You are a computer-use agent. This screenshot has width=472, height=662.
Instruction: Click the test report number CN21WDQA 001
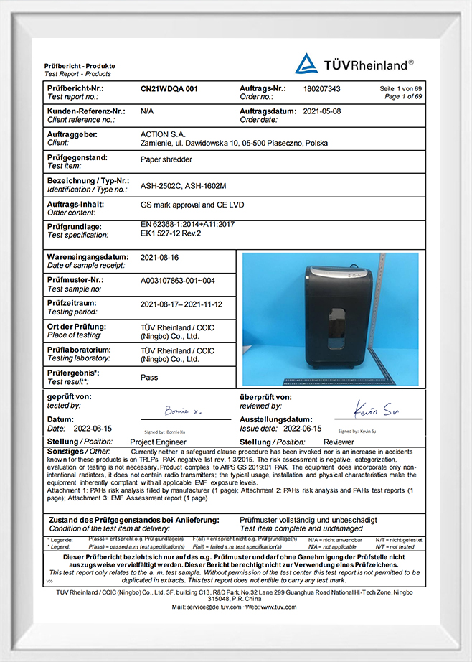pyautogui.click(x=169, y=89)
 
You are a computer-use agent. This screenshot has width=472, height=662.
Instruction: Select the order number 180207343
pyautogui.click(x=322, y=89)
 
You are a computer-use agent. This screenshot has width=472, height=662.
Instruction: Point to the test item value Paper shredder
pyautogui.click(x=167, y=160)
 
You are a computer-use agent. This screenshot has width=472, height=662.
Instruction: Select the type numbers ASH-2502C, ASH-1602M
pyautogui.click(x=183, y=186)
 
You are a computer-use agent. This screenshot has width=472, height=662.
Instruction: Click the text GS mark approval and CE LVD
pyautogui.click(x=192, y=205)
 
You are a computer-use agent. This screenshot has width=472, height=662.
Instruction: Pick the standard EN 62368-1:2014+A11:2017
pyautogui.click(x=187, y=224)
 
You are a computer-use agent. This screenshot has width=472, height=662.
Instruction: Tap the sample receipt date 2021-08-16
pyautogui.click(x=159, y=257)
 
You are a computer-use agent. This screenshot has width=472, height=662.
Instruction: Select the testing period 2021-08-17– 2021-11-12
pyautogui.click(x=181, y=304)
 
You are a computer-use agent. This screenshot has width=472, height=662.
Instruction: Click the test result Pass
pyautogui.click(x=149, y=377)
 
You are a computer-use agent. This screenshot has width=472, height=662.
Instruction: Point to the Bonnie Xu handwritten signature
pyautogui.click(x=175, y=412)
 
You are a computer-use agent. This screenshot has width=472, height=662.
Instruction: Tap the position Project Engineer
pyautogui.click(x=158, y=442)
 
